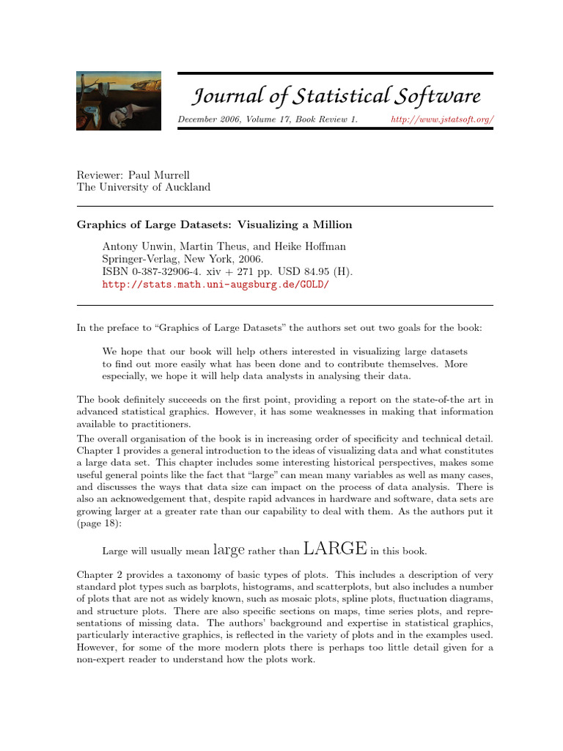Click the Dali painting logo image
point(119,102)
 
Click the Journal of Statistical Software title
point(336,96)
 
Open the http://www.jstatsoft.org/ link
point(442,120)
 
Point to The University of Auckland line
point(144,187)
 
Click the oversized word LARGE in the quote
point(334,547)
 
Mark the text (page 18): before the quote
point(101,524)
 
